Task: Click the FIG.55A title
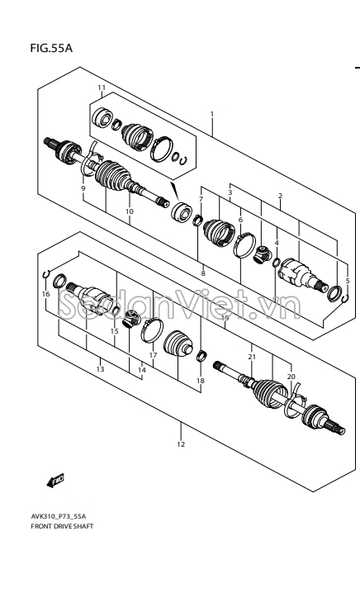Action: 51,49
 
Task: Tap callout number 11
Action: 102,88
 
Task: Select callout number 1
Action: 211,114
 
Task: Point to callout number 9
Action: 83,188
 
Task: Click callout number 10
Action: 130,211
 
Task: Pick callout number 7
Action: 201,199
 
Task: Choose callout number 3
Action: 230,192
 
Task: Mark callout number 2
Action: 280,196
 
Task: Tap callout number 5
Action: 348,281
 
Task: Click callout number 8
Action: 203,273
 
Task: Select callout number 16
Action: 45,294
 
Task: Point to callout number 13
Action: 100,369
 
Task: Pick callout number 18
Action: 200,381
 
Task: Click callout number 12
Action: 181,444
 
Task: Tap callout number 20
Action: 291,377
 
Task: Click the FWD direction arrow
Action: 55,481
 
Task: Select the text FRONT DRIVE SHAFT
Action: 62,526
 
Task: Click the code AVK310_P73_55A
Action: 59,516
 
